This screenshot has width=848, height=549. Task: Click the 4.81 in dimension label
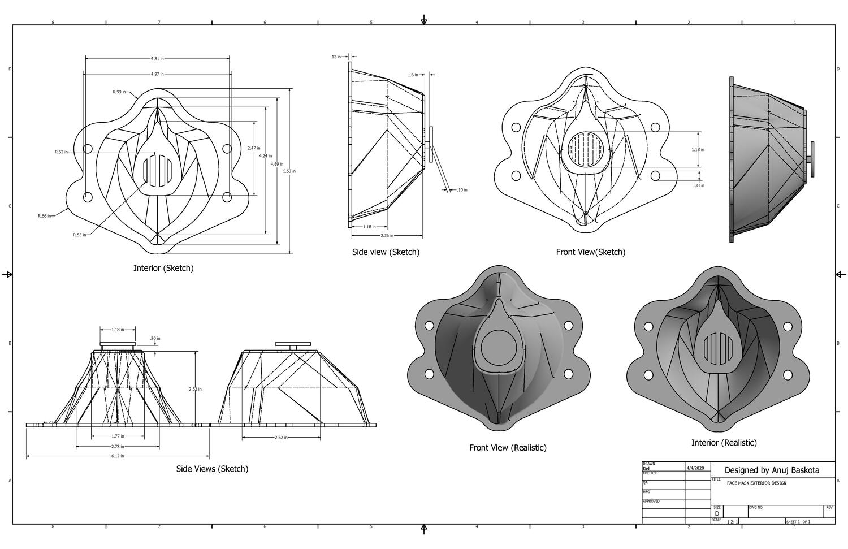pos(158,58)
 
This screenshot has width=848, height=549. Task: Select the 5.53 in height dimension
pos(289,171)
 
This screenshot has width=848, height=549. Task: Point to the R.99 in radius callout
pos(119,92)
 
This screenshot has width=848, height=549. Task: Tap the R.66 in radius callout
pos(44,216)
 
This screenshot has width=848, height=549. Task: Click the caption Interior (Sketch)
pos(163,268)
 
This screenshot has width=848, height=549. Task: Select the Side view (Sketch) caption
pos(386,252)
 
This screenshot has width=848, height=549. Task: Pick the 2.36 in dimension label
pos(387,235)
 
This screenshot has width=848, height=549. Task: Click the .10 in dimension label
pos(462,190)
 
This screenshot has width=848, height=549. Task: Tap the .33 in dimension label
pos(699,185)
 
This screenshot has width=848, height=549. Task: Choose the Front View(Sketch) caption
pos(590,252)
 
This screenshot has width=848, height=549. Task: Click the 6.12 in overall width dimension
pos(117,456)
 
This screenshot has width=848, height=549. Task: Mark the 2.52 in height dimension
pos(195,389)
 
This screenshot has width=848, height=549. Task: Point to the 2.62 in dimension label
pos(281,438)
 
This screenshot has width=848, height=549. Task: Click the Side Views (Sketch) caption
pos(212,469)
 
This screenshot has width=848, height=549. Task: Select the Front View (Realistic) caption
pos(508,448)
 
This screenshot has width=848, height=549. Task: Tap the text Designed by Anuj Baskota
pos(771,470)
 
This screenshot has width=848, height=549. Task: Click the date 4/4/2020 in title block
pos(695,468)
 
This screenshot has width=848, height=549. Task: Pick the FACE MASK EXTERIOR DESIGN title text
pos(756,483)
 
